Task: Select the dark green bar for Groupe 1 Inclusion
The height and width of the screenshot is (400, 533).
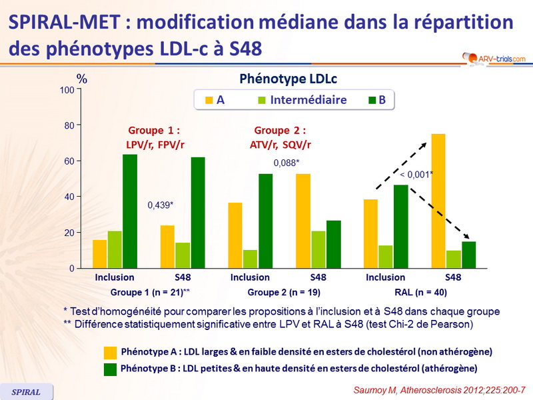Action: coord(130,211)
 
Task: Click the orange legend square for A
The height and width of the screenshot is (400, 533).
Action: coord(209,101)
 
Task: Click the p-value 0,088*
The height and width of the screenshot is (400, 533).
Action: coord(287,163)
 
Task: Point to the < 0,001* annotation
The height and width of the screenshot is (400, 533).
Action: coord(416,175)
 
